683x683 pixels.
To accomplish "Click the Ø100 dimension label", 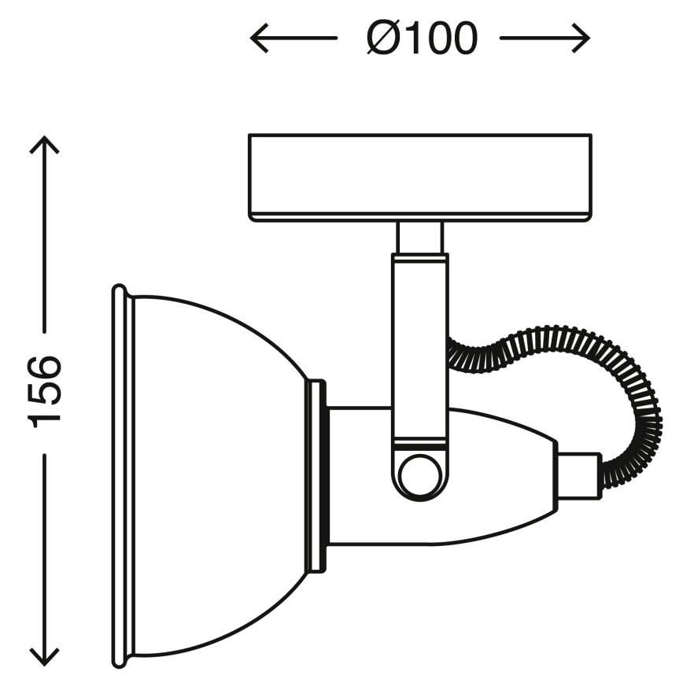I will (x=422, y=37).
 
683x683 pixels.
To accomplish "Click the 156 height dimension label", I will (x=46, y=390).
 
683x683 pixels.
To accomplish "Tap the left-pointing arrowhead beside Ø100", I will (x=260, y=37).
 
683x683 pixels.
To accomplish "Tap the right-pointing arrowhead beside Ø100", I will (x=581, y=37).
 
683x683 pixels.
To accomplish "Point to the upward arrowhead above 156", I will (x=46, y=146).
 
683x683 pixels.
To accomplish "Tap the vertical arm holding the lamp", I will (x=419, y=346).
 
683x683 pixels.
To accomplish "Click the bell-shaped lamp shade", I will (x=212, y=472).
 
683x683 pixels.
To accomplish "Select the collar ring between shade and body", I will (x=316, y=476).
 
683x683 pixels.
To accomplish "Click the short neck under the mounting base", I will (x=419, y=237).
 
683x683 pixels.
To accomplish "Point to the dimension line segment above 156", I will (x=46, y=252).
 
